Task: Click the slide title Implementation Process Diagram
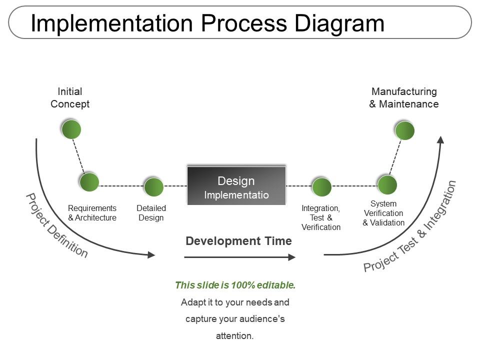(207, 23)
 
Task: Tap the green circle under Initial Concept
(71, 129)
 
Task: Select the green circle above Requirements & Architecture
(89, 182)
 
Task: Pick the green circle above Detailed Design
(153, 186)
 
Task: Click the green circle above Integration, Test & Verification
(321, 186)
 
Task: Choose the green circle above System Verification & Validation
(387, 184)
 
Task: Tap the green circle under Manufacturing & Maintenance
(404, 130)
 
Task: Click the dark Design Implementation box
(236, 186)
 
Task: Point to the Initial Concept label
(70, 98)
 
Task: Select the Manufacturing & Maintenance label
(404, 98)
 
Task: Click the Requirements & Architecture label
(92, 213)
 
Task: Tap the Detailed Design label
(151, 213)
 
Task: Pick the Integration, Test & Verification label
(321, 217)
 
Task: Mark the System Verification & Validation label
(383, 213)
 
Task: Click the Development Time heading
(238, 241)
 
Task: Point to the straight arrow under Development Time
(240, 257)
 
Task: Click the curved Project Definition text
(56, 225)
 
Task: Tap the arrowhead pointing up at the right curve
(440, 139)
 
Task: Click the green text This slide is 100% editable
(235, 285)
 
